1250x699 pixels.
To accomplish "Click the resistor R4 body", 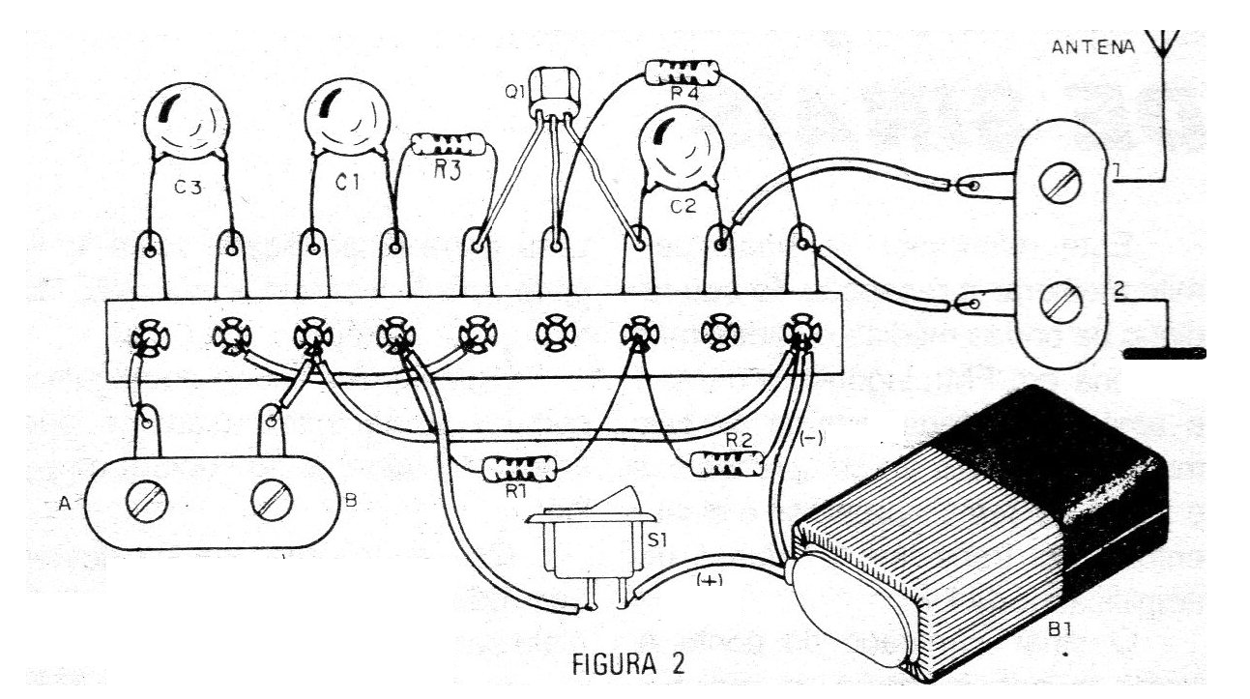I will [x=683, y=71].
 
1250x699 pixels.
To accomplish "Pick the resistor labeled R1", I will [x=519, y=471].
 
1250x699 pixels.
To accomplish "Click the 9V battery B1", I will [x=986, y=541].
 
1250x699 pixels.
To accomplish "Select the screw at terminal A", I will [x=153, y=502].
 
